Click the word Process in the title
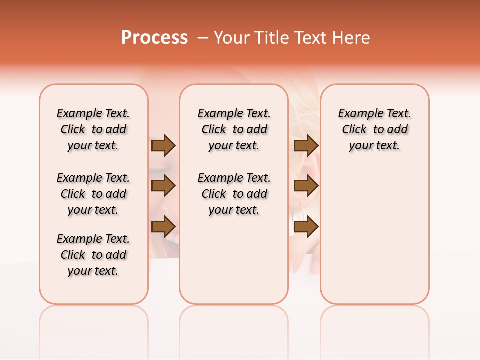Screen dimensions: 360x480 (154, 38)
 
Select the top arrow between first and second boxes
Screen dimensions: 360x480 (163, 145)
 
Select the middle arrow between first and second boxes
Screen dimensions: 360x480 (163, 186)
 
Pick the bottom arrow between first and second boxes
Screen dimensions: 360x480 (163, 226)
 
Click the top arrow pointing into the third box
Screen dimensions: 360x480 (306, 145)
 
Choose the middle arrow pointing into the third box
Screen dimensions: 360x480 (306, 186)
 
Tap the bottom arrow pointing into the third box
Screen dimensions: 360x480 (306, 226)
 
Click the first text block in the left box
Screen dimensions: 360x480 (93, 129)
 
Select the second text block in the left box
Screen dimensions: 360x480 (93, 194)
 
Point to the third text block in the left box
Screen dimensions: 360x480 (93, 255)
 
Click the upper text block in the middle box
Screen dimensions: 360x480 (234, 129)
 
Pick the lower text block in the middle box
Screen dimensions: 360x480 (234, 194)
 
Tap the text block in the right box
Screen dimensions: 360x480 (375, 129)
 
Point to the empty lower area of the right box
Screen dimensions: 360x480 (375, 235)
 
